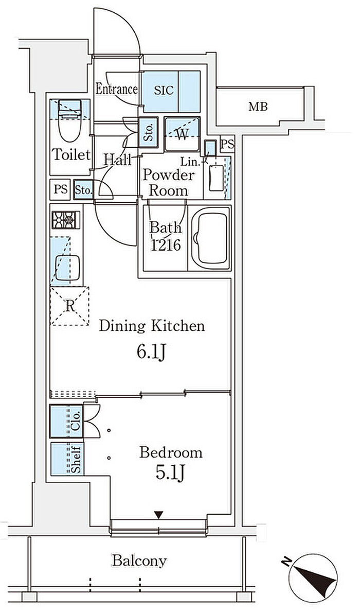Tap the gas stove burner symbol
point(66,220)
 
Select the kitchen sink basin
point(67,268)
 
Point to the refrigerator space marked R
point(69,306)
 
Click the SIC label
point(164,91)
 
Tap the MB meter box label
point(258,107)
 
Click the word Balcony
point(139,561)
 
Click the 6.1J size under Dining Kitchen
point(152,352)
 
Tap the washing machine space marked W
point(182,134)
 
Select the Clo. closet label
point(77,421)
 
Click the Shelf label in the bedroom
point(77,459)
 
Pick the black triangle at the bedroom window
point(158,515)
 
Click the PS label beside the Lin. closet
point(227,145)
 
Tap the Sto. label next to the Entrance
point(149,132)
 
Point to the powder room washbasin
point(216,178)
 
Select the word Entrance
point(117,90)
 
